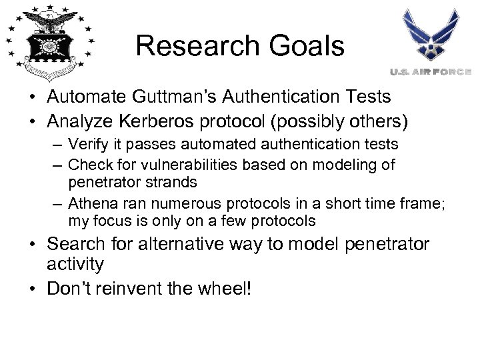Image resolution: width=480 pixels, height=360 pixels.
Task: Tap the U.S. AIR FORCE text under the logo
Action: (x=430, y=71)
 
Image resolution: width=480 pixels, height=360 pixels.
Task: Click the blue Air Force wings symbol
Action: (x=431, y=35)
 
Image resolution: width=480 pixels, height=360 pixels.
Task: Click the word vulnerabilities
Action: (x=191, y=164)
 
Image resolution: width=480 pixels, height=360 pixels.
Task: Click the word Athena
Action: (x=90, y=203)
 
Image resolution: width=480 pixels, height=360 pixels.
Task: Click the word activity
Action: (x=75, y=265)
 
